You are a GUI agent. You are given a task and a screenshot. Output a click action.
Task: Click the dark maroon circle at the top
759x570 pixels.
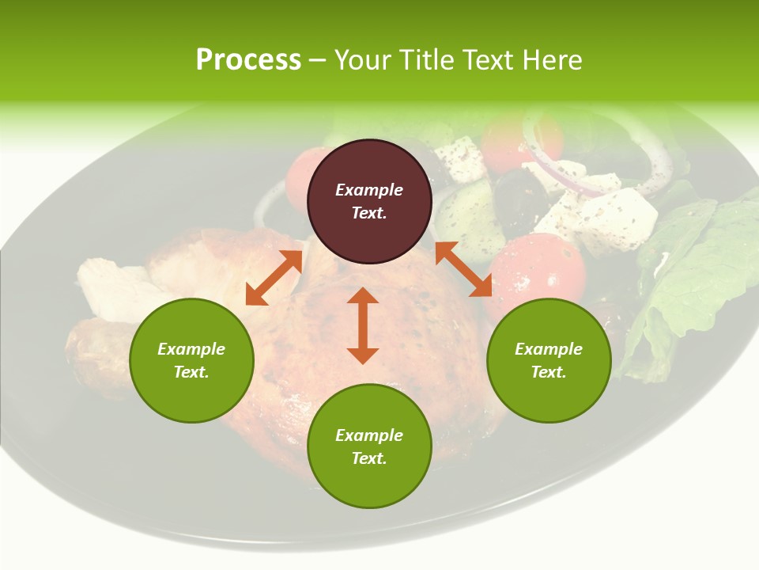click(369, 201)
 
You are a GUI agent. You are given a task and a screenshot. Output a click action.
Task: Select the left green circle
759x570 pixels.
click(191, 360)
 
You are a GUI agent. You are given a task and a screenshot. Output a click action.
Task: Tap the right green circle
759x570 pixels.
click(549, 360)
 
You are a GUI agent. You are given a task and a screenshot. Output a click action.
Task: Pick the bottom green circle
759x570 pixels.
click(369, 446)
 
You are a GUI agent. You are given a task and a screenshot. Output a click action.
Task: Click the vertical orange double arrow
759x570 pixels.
click(363, 325)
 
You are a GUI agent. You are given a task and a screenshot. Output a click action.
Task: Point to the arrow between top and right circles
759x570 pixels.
click(463, 269)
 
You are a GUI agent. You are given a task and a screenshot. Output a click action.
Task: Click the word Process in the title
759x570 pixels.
click(248, 59)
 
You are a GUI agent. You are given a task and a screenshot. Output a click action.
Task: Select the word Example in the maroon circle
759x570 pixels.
click(369, 190)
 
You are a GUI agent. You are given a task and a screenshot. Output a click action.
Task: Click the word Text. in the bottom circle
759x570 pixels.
click(369, 458)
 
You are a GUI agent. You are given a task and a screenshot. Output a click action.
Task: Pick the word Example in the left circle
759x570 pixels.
click(191, 349)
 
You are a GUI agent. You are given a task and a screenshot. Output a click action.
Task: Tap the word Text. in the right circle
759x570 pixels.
click(549, 372)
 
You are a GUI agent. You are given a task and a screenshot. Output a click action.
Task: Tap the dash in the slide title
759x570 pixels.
click(317, 59)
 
